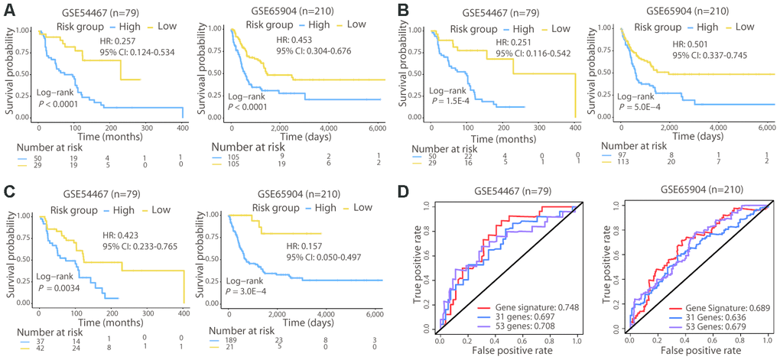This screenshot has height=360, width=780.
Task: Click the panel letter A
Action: tap(8, 10)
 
